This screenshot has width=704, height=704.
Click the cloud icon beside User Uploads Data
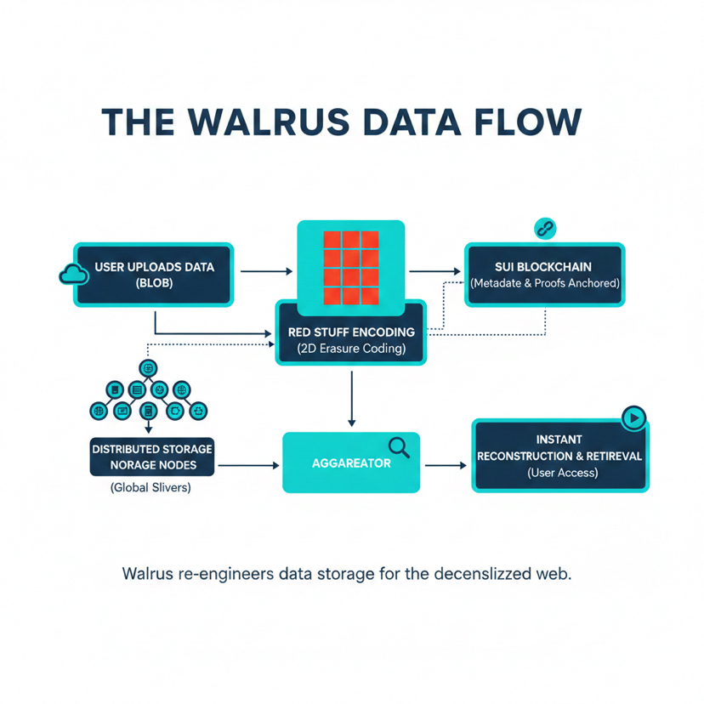(x=73, y=274)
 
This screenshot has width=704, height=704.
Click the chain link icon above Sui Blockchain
(x=544, y=228)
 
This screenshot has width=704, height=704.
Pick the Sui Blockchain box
(x=545, y=275)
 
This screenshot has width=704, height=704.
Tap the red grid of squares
(x=350, y=267)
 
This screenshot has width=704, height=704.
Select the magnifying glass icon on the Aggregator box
(x=399, y=446)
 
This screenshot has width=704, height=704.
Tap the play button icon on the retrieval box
(x=633, y=417)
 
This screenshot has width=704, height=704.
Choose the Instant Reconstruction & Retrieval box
(x=559, y=456)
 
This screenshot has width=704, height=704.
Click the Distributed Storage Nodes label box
(x=151, y=457)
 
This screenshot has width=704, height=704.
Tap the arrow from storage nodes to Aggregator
(x=248, y=465)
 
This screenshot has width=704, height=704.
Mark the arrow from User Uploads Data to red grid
(x=266, y=271)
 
